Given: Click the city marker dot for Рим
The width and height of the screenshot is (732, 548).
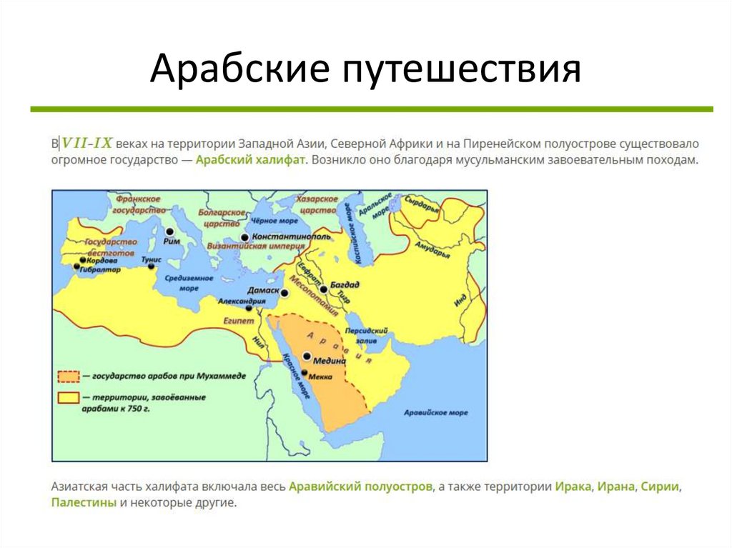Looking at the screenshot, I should (170, 231).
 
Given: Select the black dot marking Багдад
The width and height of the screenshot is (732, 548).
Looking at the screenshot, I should (324, 289).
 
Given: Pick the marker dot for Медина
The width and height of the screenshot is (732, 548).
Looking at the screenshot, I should (307, 356).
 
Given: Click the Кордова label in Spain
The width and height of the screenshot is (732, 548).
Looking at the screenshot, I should (102, 261).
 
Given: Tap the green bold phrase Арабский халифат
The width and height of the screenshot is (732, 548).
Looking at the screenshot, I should (250, 161).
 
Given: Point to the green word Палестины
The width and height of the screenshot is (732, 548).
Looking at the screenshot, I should (84, 503).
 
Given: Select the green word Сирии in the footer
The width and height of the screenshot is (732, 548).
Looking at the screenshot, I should (660, 487).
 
